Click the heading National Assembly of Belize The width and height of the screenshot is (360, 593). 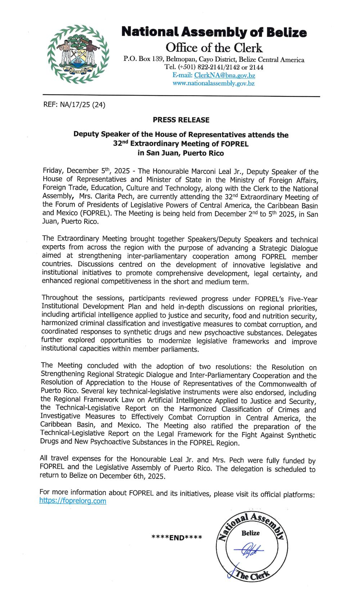tap(214, 32)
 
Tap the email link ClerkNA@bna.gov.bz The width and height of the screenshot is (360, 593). tap(224, 75)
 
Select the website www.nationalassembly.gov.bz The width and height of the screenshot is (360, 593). tap(213, 83)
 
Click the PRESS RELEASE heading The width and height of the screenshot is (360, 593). tap(181, 120)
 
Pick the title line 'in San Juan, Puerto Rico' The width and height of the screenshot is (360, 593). tap(181, 153)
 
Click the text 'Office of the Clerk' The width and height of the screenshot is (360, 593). tap(214, 48)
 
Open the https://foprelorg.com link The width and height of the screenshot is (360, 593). tap(73, 501)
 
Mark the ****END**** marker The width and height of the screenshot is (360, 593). tap(177, 538)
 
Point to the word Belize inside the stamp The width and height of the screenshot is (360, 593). tap(251, 533)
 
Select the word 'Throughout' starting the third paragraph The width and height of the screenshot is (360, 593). tap(60, 297)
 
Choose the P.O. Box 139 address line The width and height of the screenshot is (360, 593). tap(214, 59)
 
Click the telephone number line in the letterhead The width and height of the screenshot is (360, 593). tap(214, 67)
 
